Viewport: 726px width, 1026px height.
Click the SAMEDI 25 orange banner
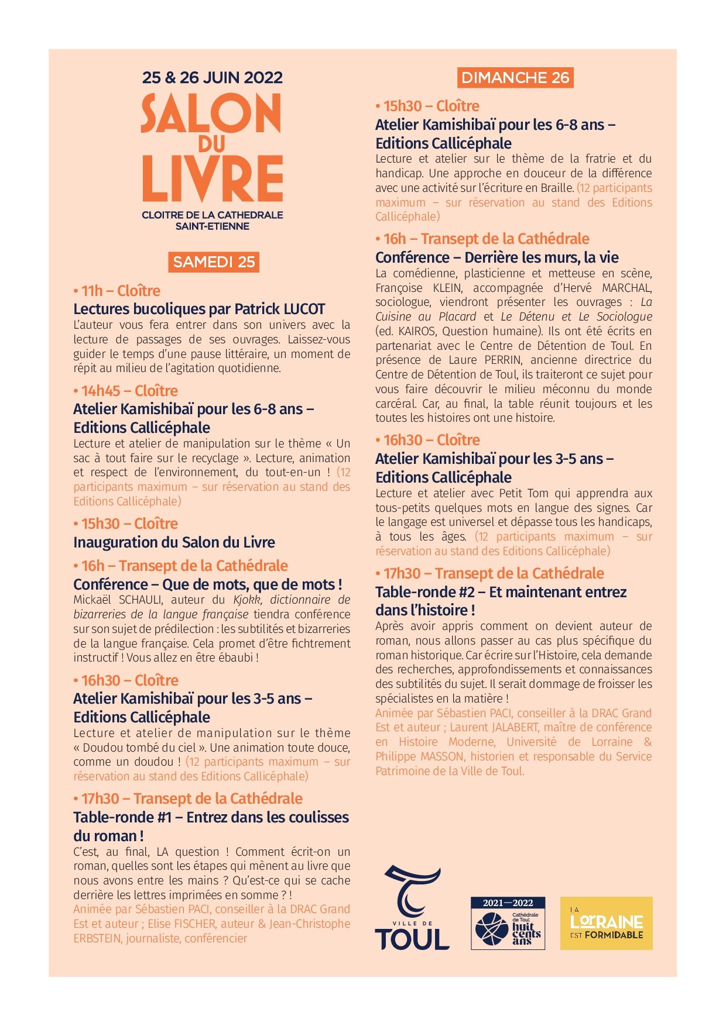coord(214,262)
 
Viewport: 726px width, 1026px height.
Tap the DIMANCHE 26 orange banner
coord(515,78)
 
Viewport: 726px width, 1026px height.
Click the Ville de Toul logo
coord(412,908)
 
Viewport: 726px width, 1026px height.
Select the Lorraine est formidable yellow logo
coord(606,923)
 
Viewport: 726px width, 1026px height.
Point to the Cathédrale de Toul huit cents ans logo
coord(508,923)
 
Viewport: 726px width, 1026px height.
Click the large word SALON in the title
coord(211,113)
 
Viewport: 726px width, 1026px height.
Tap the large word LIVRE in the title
coord(213,179)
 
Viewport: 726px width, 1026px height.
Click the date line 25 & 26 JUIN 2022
coord(213,78)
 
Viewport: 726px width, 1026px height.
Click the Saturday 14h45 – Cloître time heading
coord(125,391)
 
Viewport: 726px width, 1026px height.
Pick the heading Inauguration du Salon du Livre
coord(174,542)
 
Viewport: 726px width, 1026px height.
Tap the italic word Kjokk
coord(246,600)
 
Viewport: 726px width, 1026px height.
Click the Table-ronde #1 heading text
coord(211,818)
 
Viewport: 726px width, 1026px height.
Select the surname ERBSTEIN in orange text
coord(96,938)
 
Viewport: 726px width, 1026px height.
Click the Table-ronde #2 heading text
coord(501,592)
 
